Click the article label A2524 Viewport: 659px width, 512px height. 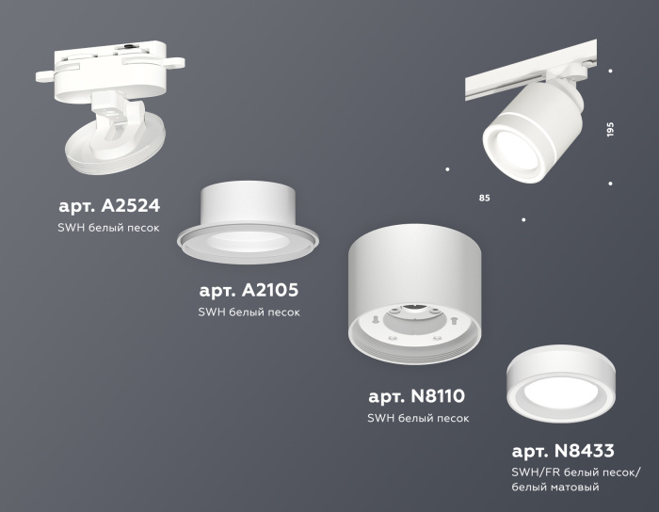click(109, 204)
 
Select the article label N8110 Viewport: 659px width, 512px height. click(415, 395)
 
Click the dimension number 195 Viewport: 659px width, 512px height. click(610, 130)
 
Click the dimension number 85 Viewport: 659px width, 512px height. click(484, 199)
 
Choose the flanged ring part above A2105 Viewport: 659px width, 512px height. click(247, 222)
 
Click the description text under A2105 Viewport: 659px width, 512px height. click(249, 312)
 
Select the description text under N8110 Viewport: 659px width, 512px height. click(417, 418)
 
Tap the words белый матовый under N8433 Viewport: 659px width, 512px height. click(555, 488)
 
